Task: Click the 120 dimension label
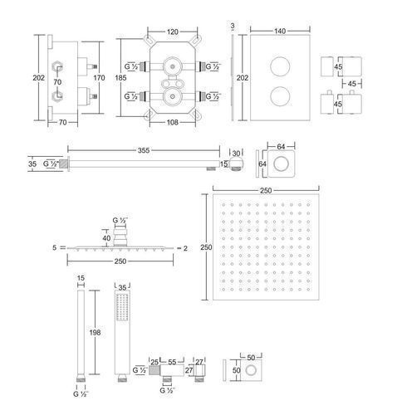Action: [x=172, y=32]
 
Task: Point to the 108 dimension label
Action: [x=172, y=122]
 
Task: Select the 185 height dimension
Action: [x=120, y=78]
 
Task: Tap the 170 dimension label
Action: [x=99, y=78]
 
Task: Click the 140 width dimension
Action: [x=280, y=31]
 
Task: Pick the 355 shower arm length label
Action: [x=144, y=150]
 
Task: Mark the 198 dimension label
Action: [x=95, y=332]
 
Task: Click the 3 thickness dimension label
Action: [x=233, y=26]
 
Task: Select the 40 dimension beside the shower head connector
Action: [x=106, y=238]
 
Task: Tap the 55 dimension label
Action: [x=172, y=362]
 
